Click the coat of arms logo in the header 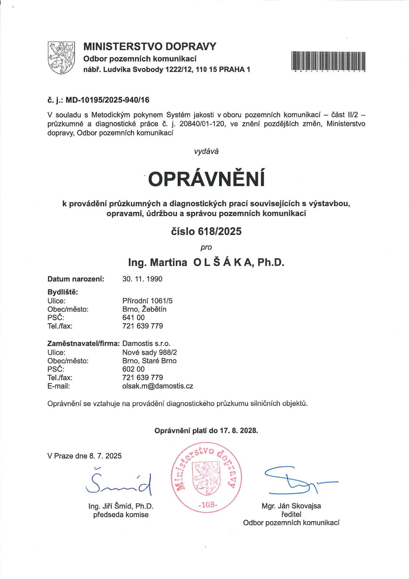point(61,58)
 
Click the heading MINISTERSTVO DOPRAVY point(150,47)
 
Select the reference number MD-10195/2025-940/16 point(107,100)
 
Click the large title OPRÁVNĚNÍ point(207,179)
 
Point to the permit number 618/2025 point(220,231)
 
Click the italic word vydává point(206,151)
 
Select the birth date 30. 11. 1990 point(142,279)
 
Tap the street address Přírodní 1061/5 point(147,301)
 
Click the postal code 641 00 point(133,318)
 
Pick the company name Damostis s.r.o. point(146,344)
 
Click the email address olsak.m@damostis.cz point(157,386)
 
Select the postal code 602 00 point(133,369)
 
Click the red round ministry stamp point(206,478)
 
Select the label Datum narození point(76,279)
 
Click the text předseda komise point(121,515)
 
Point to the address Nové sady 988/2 point(150,352)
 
